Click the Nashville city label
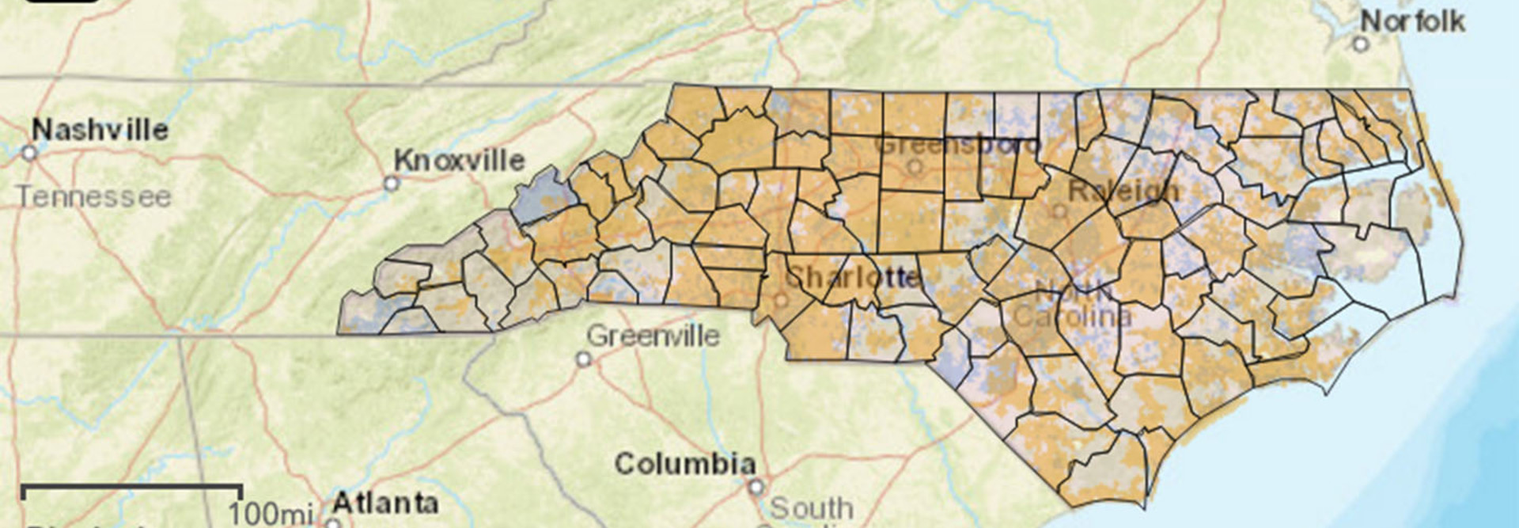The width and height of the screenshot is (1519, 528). pos(100,130)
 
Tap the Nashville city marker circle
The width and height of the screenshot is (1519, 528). pos(29,153)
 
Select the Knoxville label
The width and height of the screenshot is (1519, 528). pos(459,161)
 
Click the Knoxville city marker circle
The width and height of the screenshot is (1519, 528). pos(391,184)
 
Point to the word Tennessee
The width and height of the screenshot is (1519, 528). pos(93,196)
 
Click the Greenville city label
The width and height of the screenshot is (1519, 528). pos(653,336)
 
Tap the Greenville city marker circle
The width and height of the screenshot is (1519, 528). pos(584,359)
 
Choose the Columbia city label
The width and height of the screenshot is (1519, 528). pos(685,463)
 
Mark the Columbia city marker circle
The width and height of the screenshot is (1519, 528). pos(756,486)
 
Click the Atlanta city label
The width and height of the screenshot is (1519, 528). pos(384,503)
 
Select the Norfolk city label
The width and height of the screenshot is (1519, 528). pos(1412,21)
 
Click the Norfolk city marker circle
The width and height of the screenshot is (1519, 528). pos(1361,44)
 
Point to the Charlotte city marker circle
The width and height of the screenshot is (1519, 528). pos(781,301)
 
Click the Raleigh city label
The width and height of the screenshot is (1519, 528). pos(1123,191)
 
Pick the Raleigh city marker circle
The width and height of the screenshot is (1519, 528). pos(1059,211)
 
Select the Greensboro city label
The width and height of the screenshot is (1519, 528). pos(957,146)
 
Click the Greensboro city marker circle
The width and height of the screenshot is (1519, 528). pos(915,167)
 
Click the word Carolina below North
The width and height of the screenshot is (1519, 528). pos(1072,317)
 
